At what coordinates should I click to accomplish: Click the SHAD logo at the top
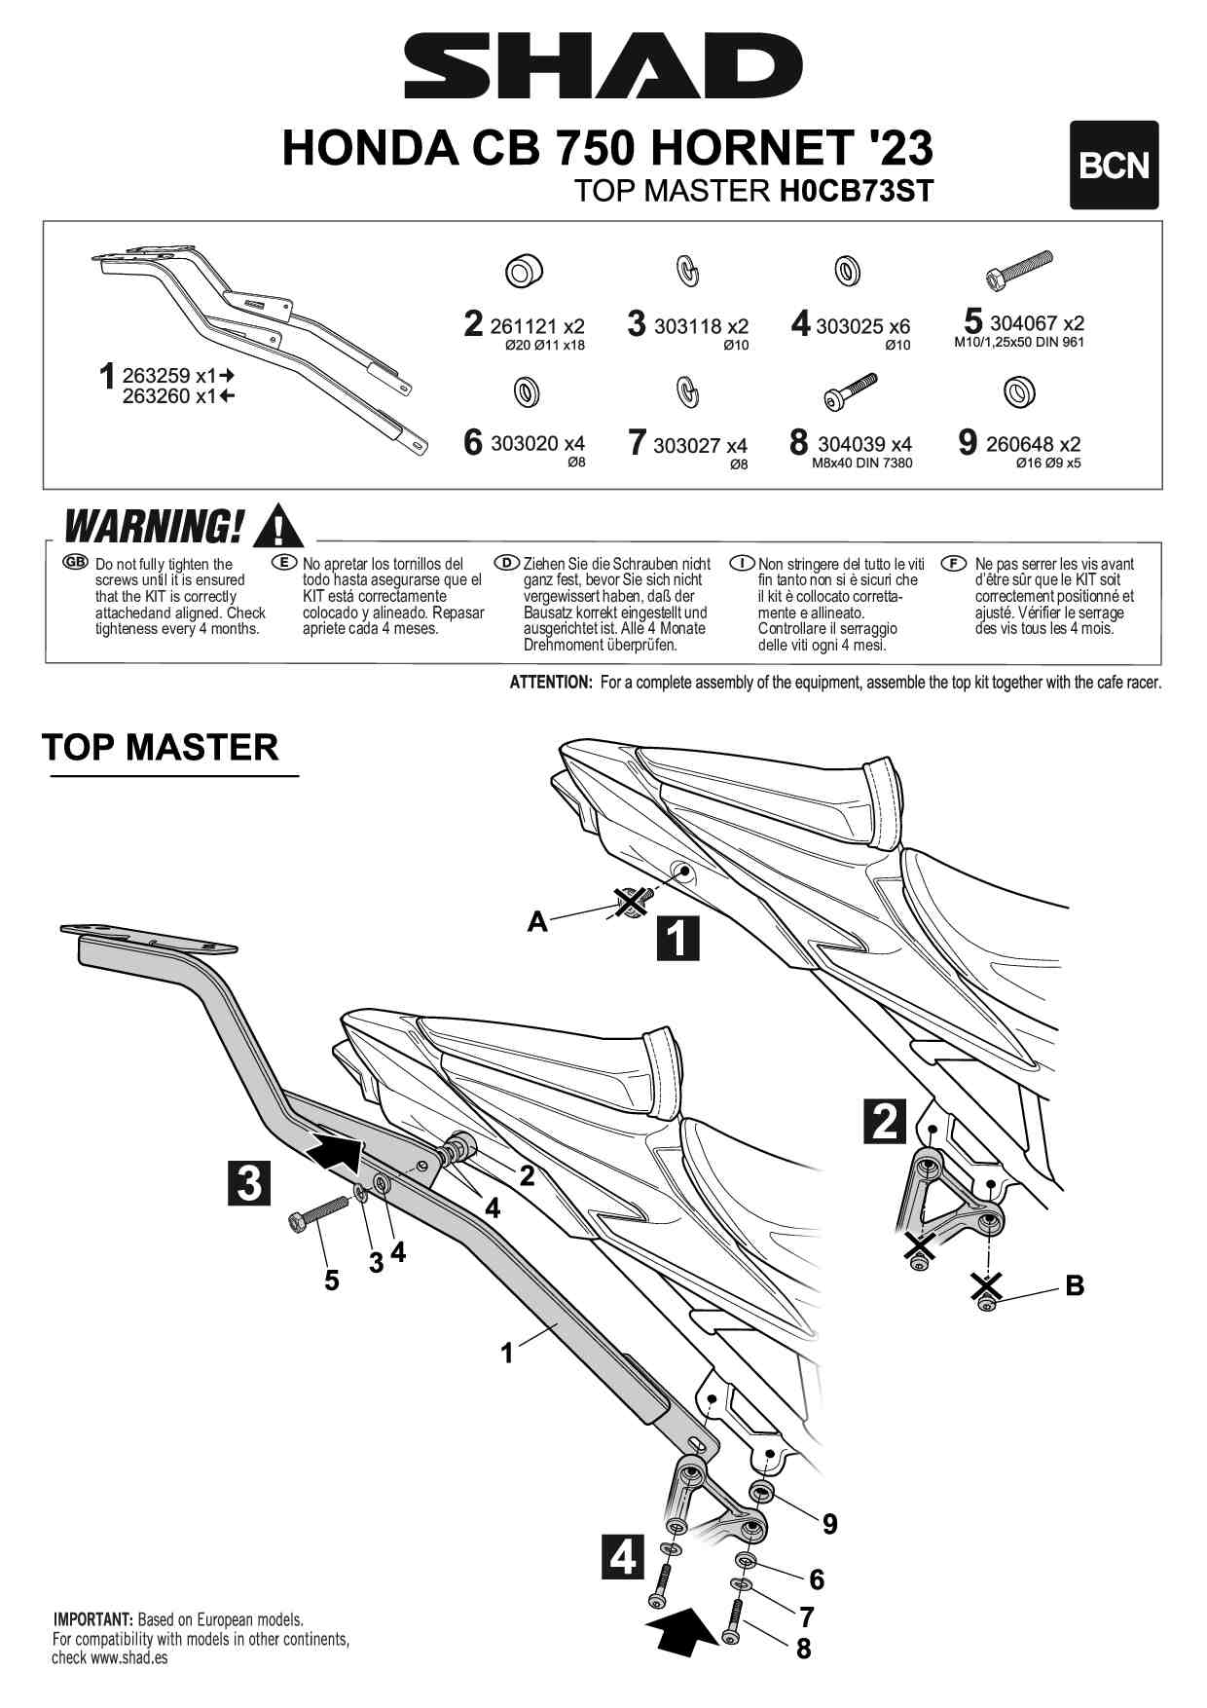click(x=603, y=66)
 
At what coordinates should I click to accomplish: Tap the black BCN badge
click(x=1114, y=166)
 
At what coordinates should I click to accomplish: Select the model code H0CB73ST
click(x=856, y=191)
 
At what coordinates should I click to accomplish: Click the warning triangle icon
click(x=277, y=527)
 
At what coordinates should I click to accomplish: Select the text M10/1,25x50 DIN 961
click(x=1018, y=342)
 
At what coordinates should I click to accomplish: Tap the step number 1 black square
click(x=677, y=938)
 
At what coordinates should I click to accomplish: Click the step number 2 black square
click(x=884, y=1121)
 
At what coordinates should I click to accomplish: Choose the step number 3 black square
click(x=249, y=1182)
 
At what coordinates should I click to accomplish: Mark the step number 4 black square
click(x=622, y=1556)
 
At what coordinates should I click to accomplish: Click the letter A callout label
click(x=537, y=921)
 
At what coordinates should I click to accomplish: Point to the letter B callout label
click(x=1075, y=1285)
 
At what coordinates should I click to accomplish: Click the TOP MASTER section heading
click(x=161, y=748)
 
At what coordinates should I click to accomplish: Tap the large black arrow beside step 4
click(x=681, y=1631)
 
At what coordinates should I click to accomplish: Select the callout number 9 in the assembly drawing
click(x=829, y=1524)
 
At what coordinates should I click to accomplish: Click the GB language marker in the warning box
click(x=74, y=563)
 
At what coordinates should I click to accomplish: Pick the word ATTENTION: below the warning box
click(x=550, y=683)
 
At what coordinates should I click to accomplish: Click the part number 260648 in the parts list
click(x=1019, y=444)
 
